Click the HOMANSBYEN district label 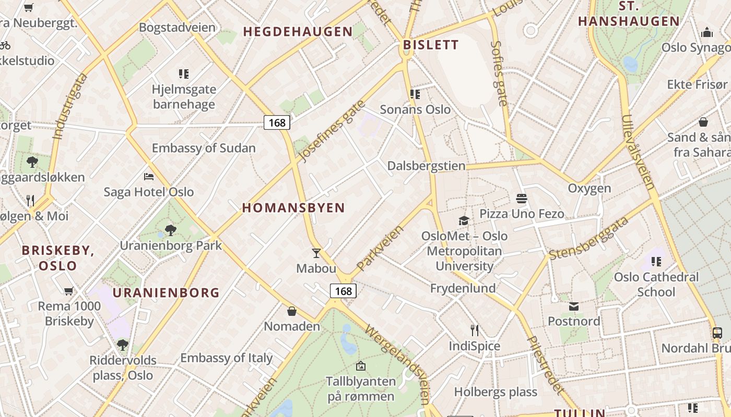pyautogui.click(x=293, y=208)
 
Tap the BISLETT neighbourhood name pyautogui.click(x=431, y=45)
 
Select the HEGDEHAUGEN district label pyautogui.click(x=298, y=32)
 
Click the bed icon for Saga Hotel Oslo pyautogui.click(x=149, y=177)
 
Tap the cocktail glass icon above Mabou pyautogui.click(x=316, y=253)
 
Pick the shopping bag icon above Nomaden pyautogui.click(x=292, y=311)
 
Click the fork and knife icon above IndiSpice pyautogui.click(x=474, y=330)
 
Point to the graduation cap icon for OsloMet pyautogui.click(x=464, y=220)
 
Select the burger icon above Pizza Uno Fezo pyautogui.click(x=521, y=199)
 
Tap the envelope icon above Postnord pyautogui.click(x=574, y=306)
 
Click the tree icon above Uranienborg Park pyautogui.click(x=170, y=230)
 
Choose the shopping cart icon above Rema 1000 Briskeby pyautogui.click(x=68, y=291)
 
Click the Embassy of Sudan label pyautogui.click(x=204, y=148)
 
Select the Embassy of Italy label pyautogui.click(x=227, y=358)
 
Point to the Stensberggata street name pyautogui.click(x=588, y=238)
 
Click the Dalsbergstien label pyautogui.click(x=426, y=166)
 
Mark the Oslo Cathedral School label pyautogui.click(x=656, y=284)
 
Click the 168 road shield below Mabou pyautogui.click(x=344, y=291)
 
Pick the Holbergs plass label pyautogui.click(x=496, y=392)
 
